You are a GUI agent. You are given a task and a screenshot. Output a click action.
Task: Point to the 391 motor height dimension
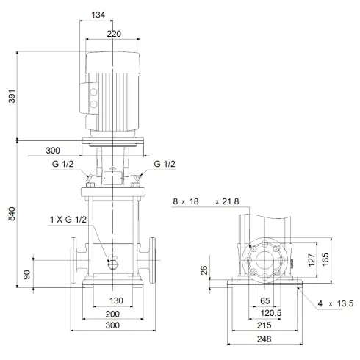10,96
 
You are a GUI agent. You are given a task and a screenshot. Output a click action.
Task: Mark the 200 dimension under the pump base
112,314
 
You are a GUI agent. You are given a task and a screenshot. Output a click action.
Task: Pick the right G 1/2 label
165,163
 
